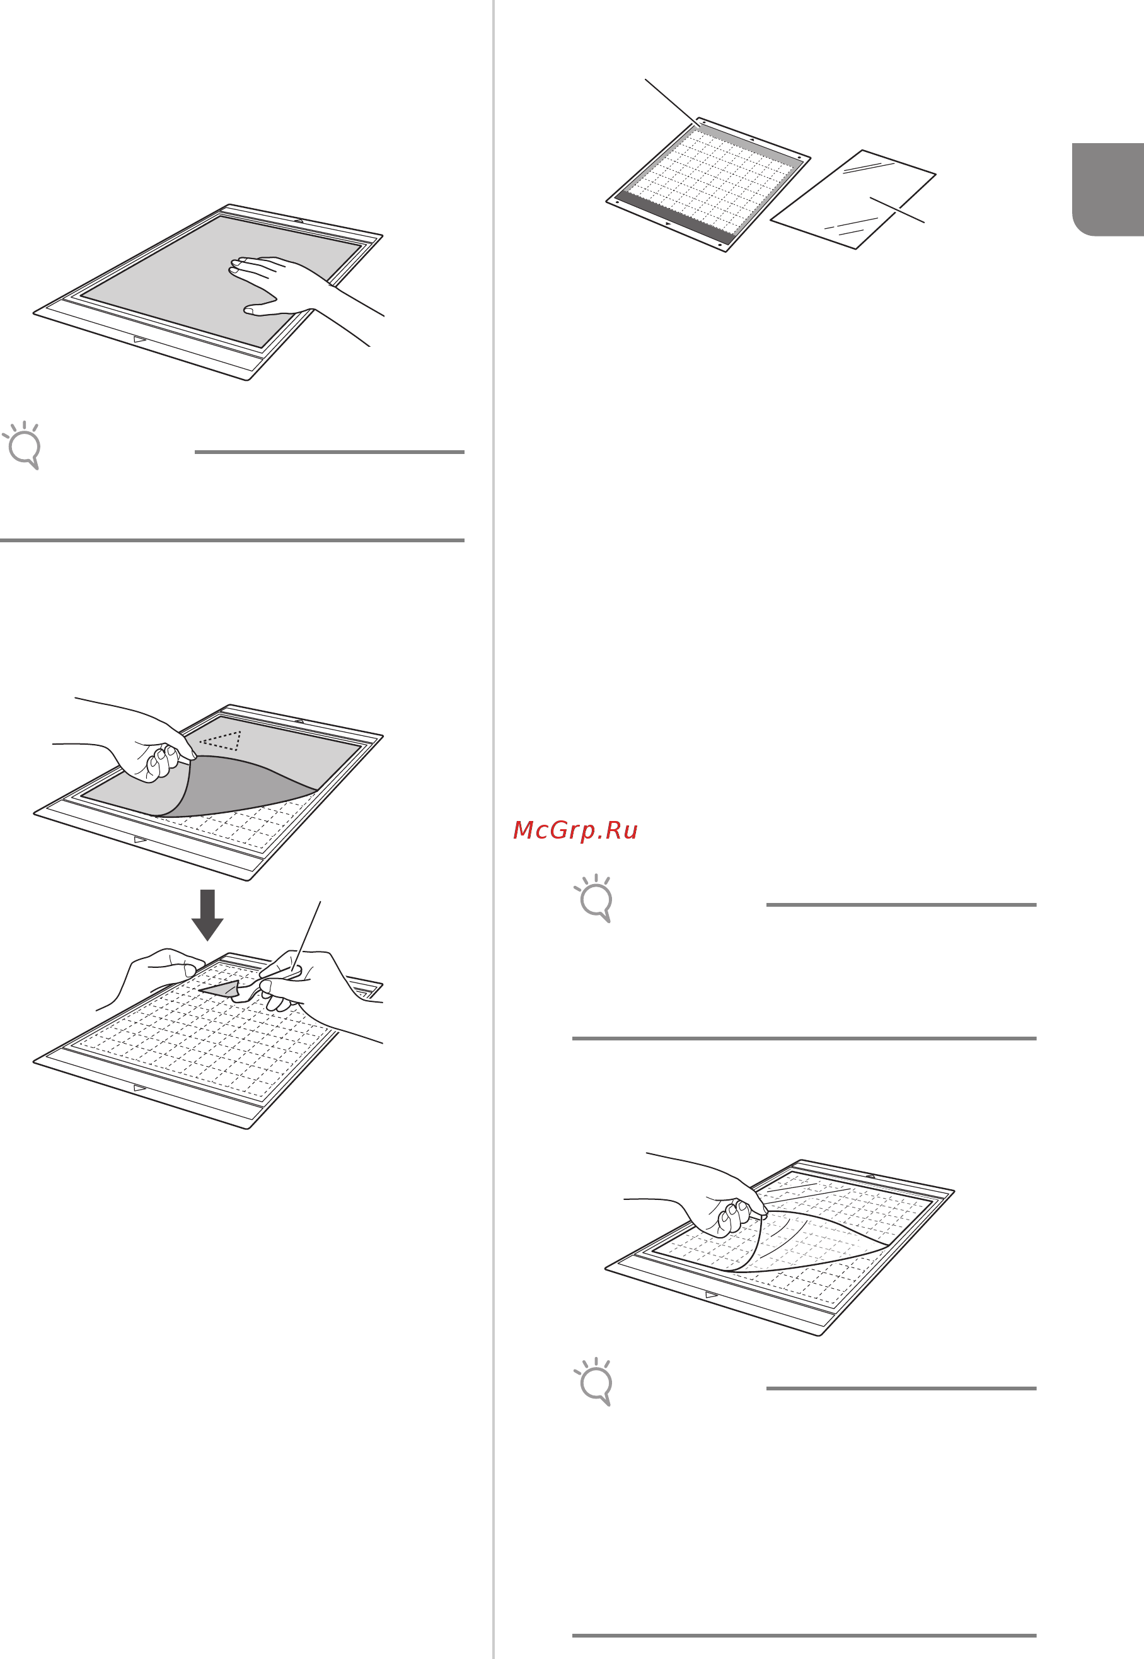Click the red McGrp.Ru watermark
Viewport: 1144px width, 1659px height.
pos(575,830)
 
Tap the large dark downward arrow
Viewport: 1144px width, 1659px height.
pos(208,915)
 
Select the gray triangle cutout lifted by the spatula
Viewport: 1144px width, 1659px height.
pos(221,989)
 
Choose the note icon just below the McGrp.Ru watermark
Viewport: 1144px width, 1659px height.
pos(594,899)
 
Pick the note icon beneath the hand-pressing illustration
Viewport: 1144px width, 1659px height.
pos(22,445)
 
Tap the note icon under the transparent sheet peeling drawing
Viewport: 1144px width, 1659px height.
pos(594,1382)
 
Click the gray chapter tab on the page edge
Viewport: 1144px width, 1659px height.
pos(1108,189)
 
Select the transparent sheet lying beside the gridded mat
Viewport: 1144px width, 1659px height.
pos(853,200)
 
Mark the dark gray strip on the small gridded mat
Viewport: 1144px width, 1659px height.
pos(674,214)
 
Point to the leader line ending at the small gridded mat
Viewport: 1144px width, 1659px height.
pos(673,103)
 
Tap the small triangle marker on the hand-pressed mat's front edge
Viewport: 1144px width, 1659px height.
pos(140,339)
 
